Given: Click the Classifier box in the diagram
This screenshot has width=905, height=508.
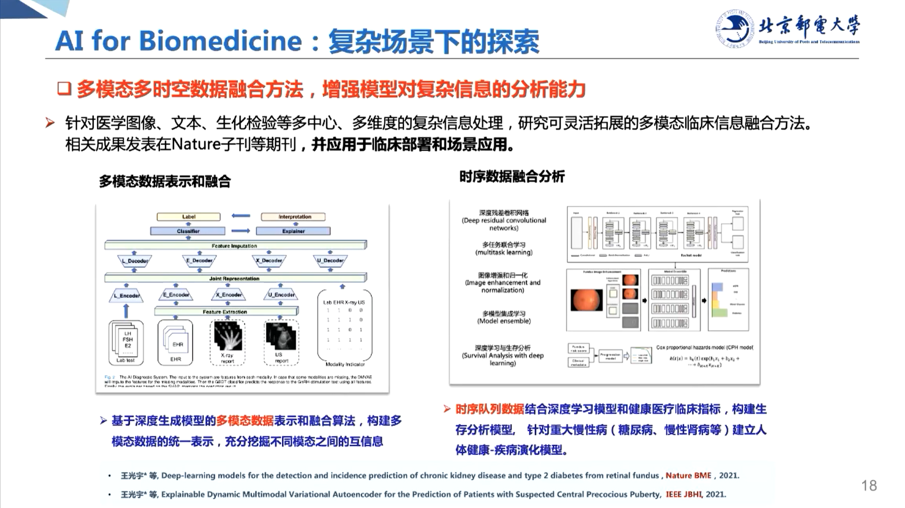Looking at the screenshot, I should coord(188,231).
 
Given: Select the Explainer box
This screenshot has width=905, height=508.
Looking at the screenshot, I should coord(293,231).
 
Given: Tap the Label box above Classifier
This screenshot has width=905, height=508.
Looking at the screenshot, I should coord(188,216).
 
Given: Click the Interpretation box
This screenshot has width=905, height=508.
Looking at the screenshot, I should coord(293,216).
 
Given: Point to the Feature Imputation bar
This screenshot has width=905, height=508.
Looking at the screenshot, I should coord(235,245).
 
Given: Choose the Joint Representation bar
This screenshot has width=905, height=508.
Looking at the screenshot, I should coord(235,278).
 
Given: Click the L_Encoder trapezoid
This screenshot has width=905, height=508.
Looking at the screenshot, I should coord(126,295).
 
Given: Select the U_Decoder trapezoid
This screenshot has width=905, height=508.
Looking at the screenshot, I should coord(330,260).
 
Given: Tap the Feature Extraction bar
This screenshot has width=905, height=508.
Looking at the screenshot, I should coord(225,311).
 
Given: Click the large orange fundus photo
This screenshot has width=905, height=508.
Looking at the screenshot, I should coord(586,300).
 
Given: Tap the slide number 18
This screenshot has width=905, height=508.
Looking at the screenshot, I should coord(869,486).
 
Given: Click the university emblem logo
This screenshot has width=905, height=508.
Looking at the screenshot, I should coord(734,29).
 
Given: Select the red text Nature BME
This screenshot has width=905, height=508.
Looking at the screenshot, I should coord(688,475).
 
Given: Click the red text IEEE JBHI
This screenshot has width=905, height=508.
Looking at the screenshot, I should coord(683,494).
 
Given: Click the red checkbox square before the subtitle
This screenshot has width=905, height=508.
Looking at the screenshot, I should coord(64,89).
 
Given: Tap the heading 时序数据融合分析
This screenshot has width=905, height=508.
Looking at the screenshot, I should coord(512,176).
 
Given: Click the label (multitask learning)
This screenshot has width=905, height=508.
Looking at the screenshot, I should coord(503,252).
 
